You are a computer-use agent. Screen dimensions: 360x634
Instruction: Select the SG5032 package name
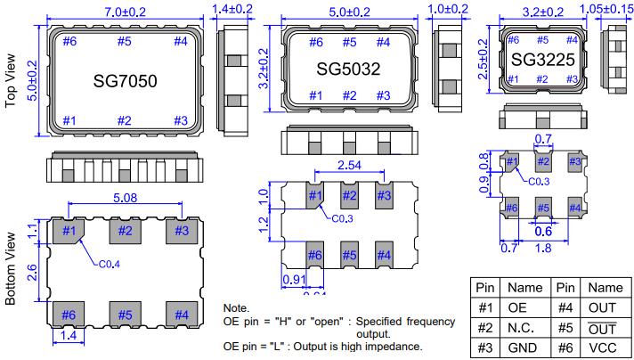(x=348, y=69)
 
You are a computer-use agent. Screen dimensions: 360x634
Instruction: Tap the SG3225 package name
(x=542, y=61)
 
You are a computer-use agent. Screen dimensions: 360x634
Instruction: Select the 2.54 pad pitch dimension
(x=348, y=164)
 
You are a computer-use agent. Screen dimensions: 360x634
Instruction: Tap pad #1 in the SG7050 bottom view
(x=69, y=233)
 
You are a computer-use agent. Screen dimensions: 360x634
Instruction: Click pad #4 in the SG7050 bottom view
(x=181, y=315)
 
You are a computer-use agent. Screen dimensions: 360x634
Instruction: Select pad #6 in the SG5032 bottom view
(x=315, y=255)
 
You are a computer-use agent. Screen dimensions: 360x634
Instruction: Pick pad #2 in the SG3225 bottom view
(x=542, y=162)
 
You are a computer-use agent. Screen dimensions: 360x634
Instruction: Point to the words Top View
(x=12, y=80)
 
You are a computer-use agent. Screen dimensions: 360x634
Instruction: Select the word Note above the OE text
(x=236, y=307)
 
